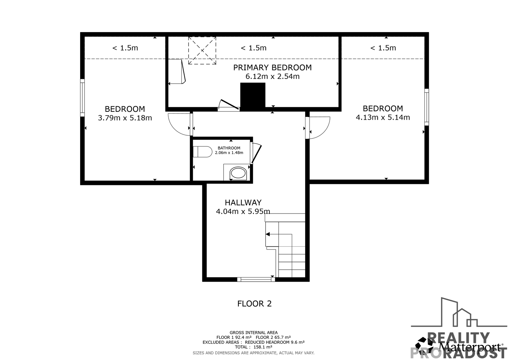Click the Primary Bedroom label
272,67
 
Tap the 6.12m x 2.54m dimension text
272,76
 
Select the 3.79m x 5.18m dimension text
125,118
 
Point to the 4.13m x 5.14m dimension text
383,117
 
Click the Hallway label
243,202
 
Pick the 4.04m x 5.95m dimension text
243,211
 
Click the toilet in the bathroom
202,152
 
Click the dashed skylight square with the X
202,51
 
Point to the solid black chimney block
253,96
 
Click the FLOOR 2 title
254,304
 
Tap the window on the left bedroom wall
82,98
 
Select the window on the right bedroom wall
427,107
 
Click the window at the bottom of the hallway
256,279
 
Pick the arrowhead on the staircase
268,234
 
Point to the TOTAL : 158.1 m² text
254,347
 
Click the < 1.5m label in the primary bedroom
254,48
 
